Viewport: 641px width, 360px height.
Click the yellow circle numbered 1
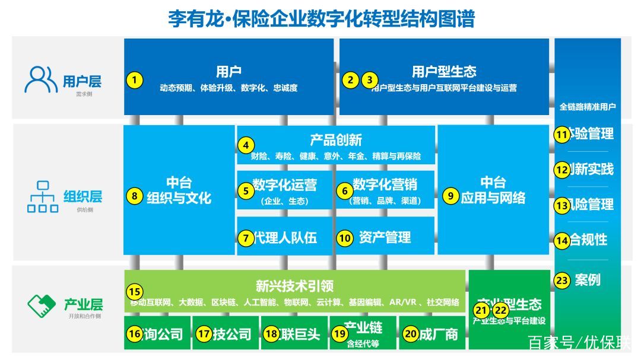tap(135, 80)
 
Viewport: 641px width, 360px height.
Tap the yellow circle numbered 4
tap(246, 145)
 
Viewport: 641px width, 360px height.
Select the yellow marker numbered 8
tap(135, 195)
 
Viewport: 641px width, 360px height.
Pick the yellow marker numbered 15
tap(135, 291)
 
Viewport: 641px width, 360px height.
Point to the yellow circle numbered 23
tap(562, 281)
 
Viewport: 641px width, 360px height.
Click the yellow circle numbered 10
tap(345, 238)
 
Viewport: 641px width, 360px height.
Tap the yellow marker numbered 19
tap(339, 334)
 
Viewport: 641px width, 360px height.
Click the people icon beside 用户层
tap(41, 80)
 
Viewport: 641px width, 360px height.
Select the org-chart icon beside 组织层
tap(42, 196)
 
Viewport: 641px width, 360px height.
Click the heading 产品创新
tap(336, 141)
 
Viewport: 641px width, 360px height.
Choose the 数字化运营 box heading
tap(284, 185)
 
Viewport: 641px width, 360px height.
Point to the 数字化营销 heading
tap(385, 185)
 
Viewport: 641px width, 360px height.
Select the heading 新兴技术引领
tap(294, 286)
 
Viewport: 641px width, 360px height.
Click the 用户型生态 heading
tap(444, 72)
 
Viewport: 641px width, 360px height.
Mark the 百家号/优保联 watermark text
tap(579, 343)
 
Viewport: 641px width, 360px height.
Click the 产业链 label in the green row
tap(363, 328)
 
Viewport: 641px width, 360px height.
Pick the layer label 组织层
tap(82, 196)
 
